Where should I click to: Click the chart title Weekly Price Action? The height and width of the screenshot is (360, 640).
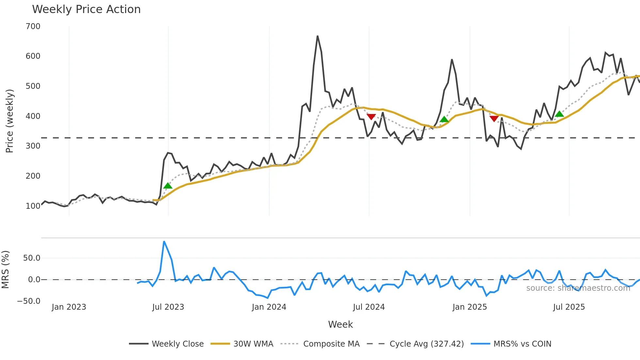(86, 9)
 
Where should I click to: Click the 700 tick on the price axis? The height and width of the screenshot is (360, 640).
(33, 26)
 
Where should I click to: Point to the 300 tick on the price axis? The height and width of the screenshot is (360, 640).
(33, 146)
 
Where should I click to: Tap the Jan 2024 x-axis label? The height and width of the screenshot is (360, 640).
(269, 307)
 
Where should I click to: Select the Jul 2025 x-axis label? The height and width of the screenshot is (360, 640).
(569, 307)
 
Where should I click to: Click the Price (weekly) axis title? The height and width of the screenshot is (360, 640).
(9, 121)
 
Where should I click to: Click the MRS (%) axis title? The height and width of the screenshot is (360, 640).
(5, 270)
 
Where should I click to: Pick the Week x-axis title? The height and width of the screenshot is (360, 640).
(340, 324)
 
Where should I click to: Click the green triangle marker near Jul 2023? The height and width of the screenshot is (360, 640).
(168, 186)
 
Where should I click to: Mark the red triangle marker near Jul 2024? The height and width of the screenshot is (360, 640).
(371, 117)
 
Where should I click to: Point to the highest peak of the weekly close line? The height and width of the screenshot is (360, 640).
(317, 36)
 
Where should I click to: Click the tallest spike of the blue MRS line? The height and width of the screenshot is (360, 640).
(164, 241)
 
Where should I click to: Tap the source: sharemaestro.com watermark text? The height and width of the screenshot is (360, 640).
(578, 288)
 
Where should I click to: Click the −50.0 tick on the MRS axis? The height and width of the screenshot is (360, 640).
(29, 301)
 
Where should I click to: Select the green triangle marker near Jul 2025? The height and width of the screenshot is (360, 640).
(559, 114)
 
